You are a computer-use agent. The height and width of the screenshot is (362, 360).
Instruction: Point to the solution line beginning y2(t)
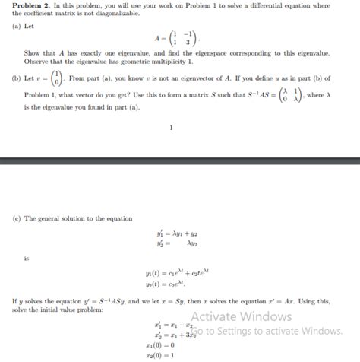[169, 282]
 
